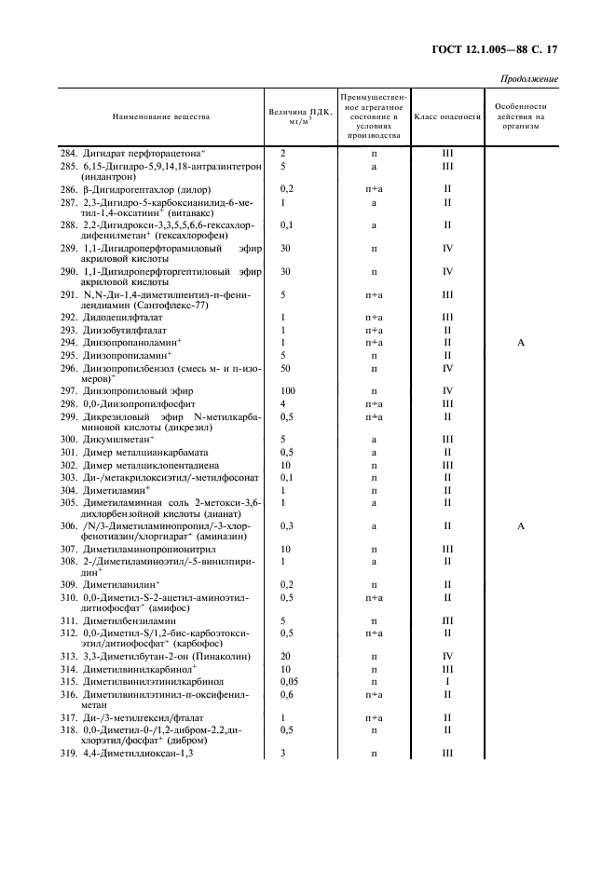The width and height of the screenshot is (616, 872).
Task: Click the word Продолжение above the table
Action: (529, 78)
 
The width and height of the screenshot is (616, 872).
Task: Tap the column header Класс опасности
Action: (446, 117)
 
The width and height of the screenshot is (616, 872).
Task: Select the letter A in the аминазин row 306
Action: (521, 525)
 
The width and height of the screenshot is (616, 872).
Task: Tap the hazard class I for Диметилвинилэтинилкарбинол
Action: (447, 682)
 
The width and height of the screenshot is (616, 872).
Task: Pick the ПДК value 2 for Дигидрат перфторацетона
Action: (281, 153)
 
